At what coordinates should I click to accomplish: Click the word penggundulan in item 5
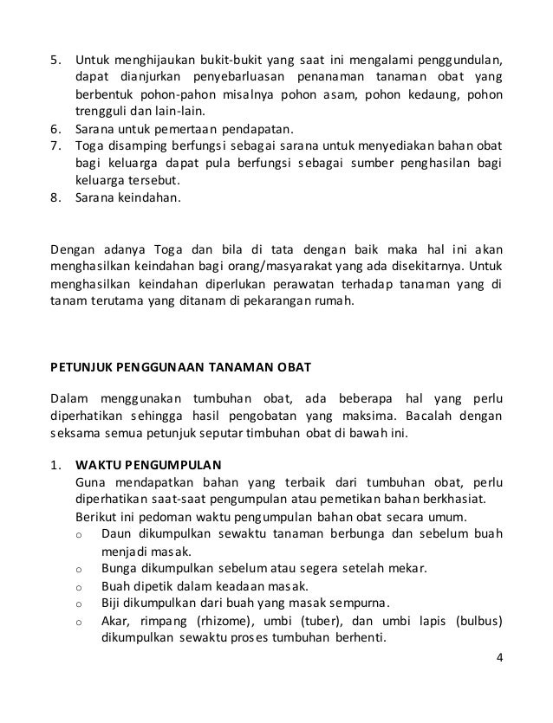pyautogui.click(x=460, y=61)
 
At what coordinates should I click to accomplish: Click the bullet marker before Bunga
pyautogui.click(x=79, y=569)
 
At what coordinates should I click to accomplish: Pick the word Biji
pyautogui.click(x=112, y=603)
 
